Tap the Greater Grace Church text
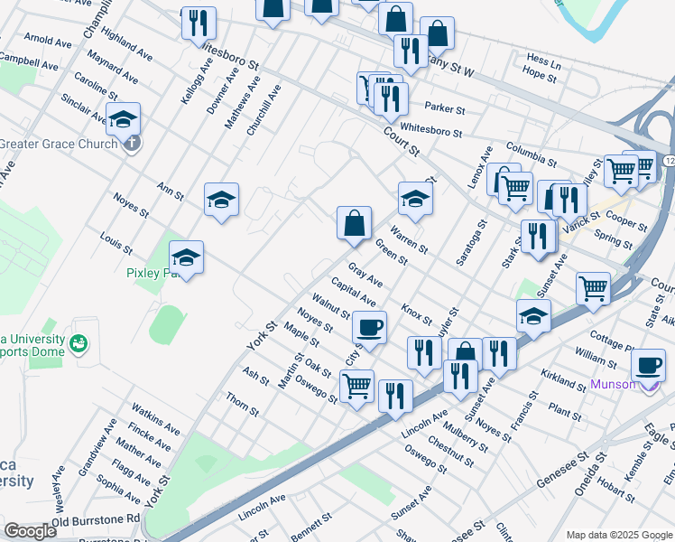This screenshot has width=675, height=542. click(59, 144)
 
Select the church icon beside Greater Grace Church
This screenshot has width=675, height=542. click(132, 143)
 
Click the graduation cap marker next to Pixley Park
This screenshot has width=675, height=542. click(187, 257)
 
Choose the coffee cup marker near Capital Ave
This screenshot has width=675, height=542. click(368, 326)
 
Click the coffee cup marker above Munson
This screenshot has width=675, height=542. click(648, 366)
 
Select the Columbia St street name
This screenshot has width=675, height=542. click(531, 153)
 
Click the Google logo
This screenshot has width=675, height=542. click(30, 531)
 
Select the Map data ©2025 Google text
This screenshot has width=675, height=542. click(617, 534)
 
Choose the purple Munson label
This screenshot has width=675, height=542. click(614, 385)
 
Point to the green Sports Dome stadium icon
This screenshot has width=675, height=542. click(80, 342)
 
